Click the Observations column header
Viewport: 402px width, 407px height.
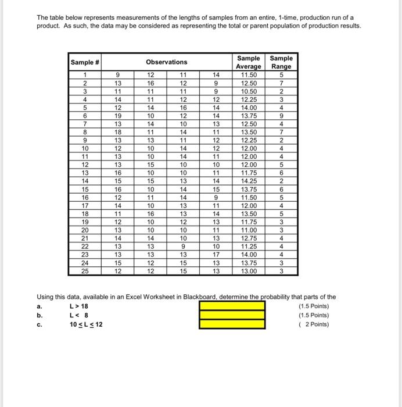tap(166, 62)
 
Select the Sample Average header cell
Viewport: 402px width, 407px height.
tap(249, 62)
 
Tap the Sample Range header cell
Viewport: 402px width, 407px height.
tap(281, 62)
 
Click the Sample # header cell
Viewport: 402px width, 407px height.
tap(85, 62)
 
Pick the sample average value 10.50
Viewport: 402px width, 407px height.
tap(249, 91)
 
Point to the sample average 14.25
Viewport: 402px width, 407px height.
tap(249, 181)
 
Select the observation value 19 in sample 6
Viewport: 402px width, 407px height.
tap(117, 115)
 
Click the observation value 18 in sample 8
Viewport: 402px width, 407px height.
tap(117, 131)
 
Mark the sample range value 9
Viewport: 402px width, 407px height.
tap(281, 115)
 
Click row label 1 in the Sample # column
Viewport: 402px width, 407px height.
tap(85, 74)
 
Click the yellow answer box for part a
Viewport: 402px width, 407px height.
tap(232, 306)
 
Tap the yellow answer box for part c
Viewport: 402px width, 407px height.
tap(232, 324)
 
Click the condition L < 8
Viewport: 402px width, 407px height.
tap(78, 315)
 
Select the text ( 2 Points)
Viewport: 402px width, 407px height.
tap(313, 324)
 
